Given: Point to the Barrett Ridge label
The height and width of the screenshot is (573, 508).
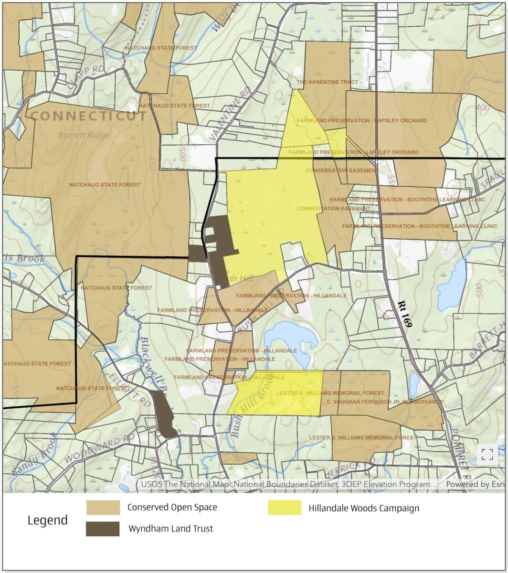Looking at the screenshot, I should coord(84,135).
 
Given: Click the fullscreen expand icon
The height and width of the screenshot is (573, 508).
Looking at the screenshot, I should coord(487,454).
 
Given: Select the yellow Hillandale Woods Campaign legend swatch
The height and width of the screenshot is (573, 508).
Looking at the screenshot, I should coord(285,508).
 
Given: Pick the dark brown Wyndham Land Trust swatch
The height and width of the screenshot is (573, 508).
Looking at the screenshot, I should coord(103,529).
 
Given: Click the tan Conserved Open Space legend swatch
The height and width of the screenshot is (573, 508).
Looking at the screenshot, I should coord(103,508).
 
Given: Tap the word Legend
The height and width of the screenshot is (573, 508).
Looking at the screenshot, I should coord(47,520).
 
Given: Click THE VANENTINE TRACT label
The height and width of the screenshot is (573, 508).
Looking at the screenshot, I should coord(327,82).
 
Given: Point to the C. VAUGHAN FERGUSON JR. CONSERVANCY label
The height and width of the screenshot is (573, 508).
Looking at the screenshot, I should coord(385,402).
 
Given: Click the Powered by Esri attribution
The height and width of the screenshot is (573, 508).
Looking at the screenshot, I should coord(475,484).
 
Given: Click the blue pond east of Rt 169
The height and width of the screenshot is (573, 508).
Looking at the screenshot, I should coord(452,285).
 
